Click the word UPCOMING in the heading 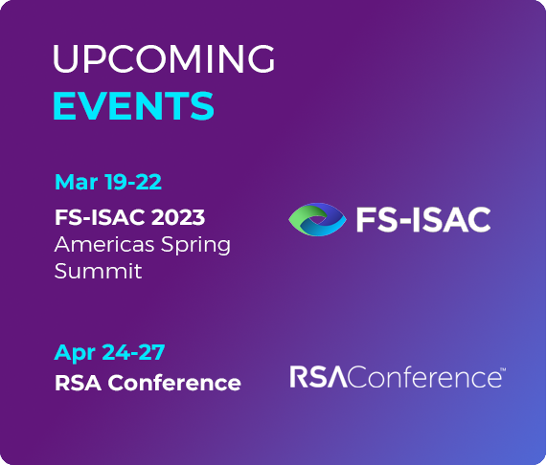[x=164, y=59]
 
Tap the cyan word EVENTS [x=133, y=105]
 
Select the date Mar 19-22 [x=108, y=182]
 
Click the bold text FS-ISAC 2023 [x=129, y=217]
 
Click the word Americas [x=104, y=244]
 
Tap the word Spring [x=195, y=246]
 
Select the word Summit [x=99, y=271]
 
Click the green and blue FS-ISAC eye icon [x=317, y=219]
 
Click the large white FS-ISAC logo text [x=423, y=219]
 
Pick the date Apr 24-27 [x=109, y=352]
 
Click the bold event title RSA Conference [x=148, y=383]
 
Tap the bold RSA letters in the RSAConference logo [x=318, y=377]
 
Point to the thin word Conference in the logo [x=424, y=377]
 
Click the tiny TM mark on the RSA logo [x=503, y=369]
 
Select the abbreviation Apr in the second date [x=75, y=353]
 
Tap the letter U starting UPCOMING [x=65, y=59]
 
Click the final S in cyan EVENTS [x=203, y=105]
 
